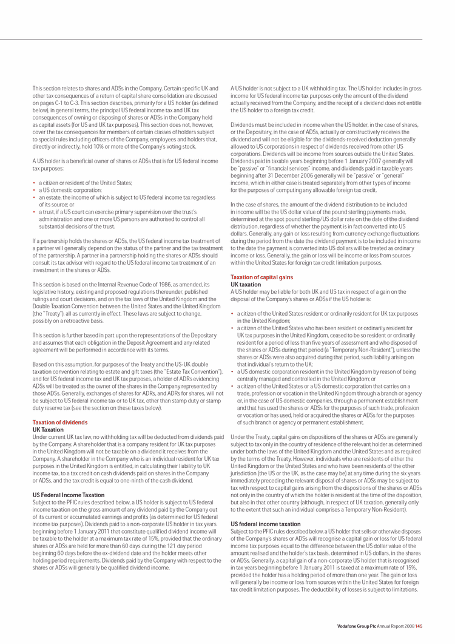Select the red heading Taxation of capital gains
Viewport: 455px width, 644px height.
tap(261, 277)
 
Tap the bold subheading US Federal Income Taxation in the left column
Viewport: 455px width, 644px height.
tap(69, 495)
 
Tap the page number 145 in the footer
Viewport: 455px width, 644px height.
tap(419, 626)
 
